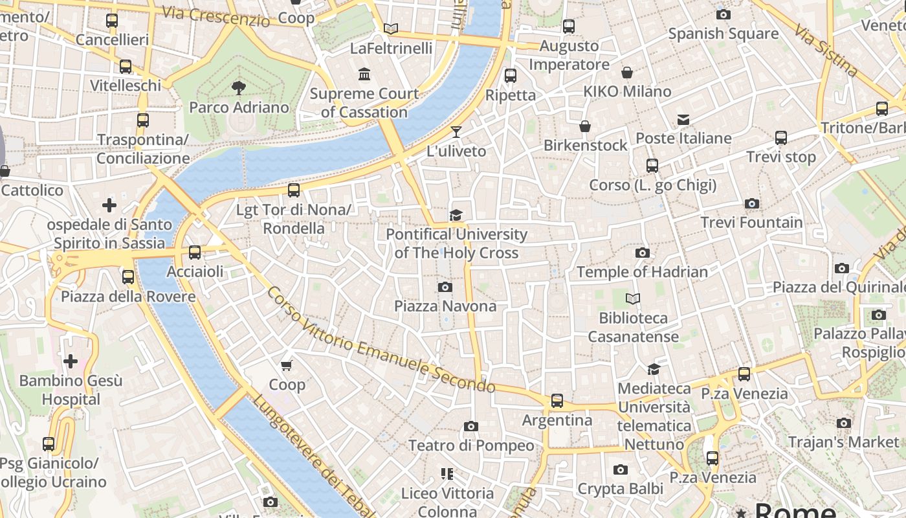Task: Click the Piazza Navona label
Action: pos(445,306)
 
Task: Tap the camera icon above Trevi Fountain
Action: pos(751,203)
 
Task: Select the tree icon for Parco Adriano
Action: pos(238,88)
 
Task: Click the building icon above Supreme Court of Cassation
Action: pos(364,74)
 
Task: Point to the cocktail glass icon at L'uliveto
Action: pos(456,132)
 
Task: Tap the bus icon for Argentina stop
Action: pos(557,401)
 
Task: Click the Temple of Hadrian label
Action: pos(642,271)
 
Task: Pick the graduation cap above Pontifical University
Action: pos(456,215)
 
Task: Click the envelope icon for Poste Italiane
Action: pos(683,119)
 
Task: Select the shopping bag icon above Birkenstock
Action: pos(585,126)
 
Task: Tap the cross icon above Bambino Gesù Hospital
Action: pos(71,361)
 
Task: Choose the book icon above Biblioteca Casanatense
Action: pos(633,298)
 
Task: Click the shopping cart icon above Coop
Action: pos(287,365)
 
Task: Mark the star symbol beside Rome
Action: pos(741,512)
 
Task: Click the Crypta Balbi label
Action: pos(620,488)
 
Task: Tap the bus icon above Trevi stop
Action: pos(781,138)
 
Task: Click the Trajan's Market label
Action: pos(843,442)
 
